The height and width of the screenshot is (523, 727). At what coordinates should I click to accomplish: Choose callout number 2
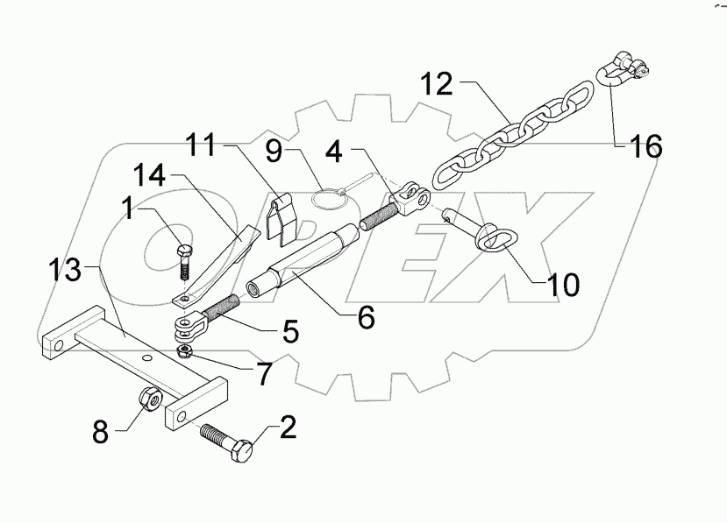(288, 428)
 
